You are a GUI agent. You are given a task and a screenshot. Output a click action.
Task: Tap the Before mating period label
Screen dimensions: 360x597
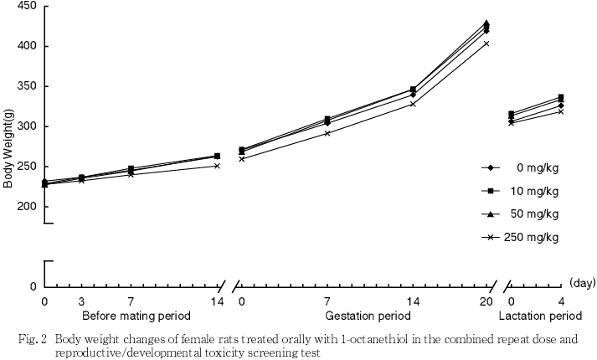[136, 316]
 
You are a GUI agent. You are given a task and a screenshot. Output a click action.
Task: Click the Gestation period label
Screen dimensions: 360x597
[368, 316]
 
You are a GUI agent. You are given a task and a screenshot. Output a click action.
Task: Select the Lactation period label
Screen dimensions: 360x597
[540, 316]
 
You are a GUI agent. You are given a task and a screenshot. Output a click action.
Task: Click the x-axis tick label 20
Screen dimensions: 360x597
[486, 301]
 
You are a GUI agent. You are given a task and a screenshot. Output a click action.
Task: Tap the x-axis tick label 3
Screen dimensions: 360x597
[81, 301]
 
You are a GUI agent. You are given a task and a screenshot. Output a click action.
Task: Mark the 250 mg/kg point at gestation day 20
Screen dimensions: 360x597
[486, 44]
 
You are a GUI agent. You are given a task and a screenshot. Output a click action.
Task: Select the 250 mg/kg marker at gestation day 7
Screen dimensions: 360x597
[327, 133]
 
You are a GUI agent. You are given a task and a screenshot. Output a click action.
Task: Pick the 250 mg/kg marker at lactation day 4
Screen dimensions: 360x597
[560, 111]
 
